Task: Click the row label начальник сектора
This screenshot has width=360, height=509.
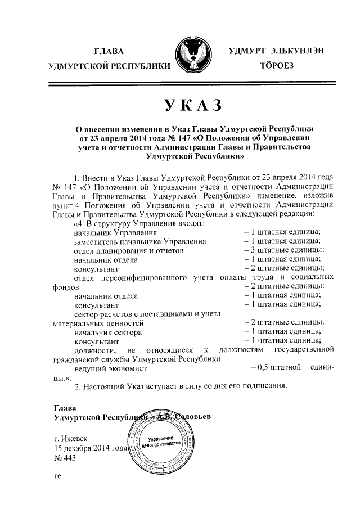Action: pyautogui.click(x=107, y=332)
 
